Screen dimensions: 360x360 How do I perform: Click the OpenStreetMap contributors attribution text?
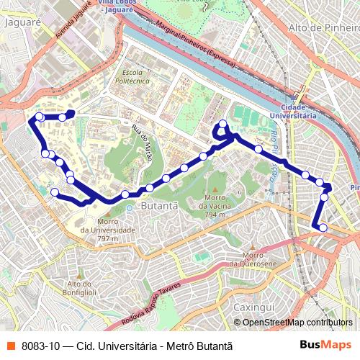pyautogui.click(x=297, y=323)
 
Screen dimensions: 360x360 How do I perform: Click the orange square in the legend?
pyautogui.click(x=11, y=346)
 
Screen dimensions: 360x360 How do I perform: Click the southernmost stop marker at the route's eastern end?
pyautogui.click(x=323, y=228)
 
